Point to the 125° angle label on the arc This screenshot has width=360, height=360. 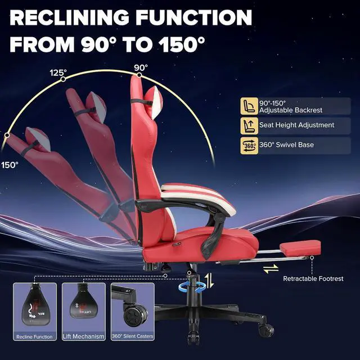pyautogui.click(x=58, y=73)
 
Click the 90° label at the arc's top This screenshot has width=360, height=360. pyautogui.click(x=141, y=68)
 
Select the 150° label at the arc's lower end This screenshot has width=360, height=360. pyautogui.click(x=9, y=165)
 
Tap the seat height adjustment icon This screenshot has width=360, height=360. pyautogui.click(x=247, y=125)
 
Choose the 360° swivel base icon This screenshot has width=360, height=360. pyautogui.click(x=247, y=145)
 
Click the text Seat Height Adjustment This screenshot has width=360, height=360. pyautogui.click(x=296, y=125)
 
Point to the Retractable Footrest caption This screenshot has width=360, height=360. pyautogui.click(x=313, y=278)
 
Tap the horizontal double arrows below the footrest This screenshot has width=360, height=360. pyautogui.click(x=271, y=269)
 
